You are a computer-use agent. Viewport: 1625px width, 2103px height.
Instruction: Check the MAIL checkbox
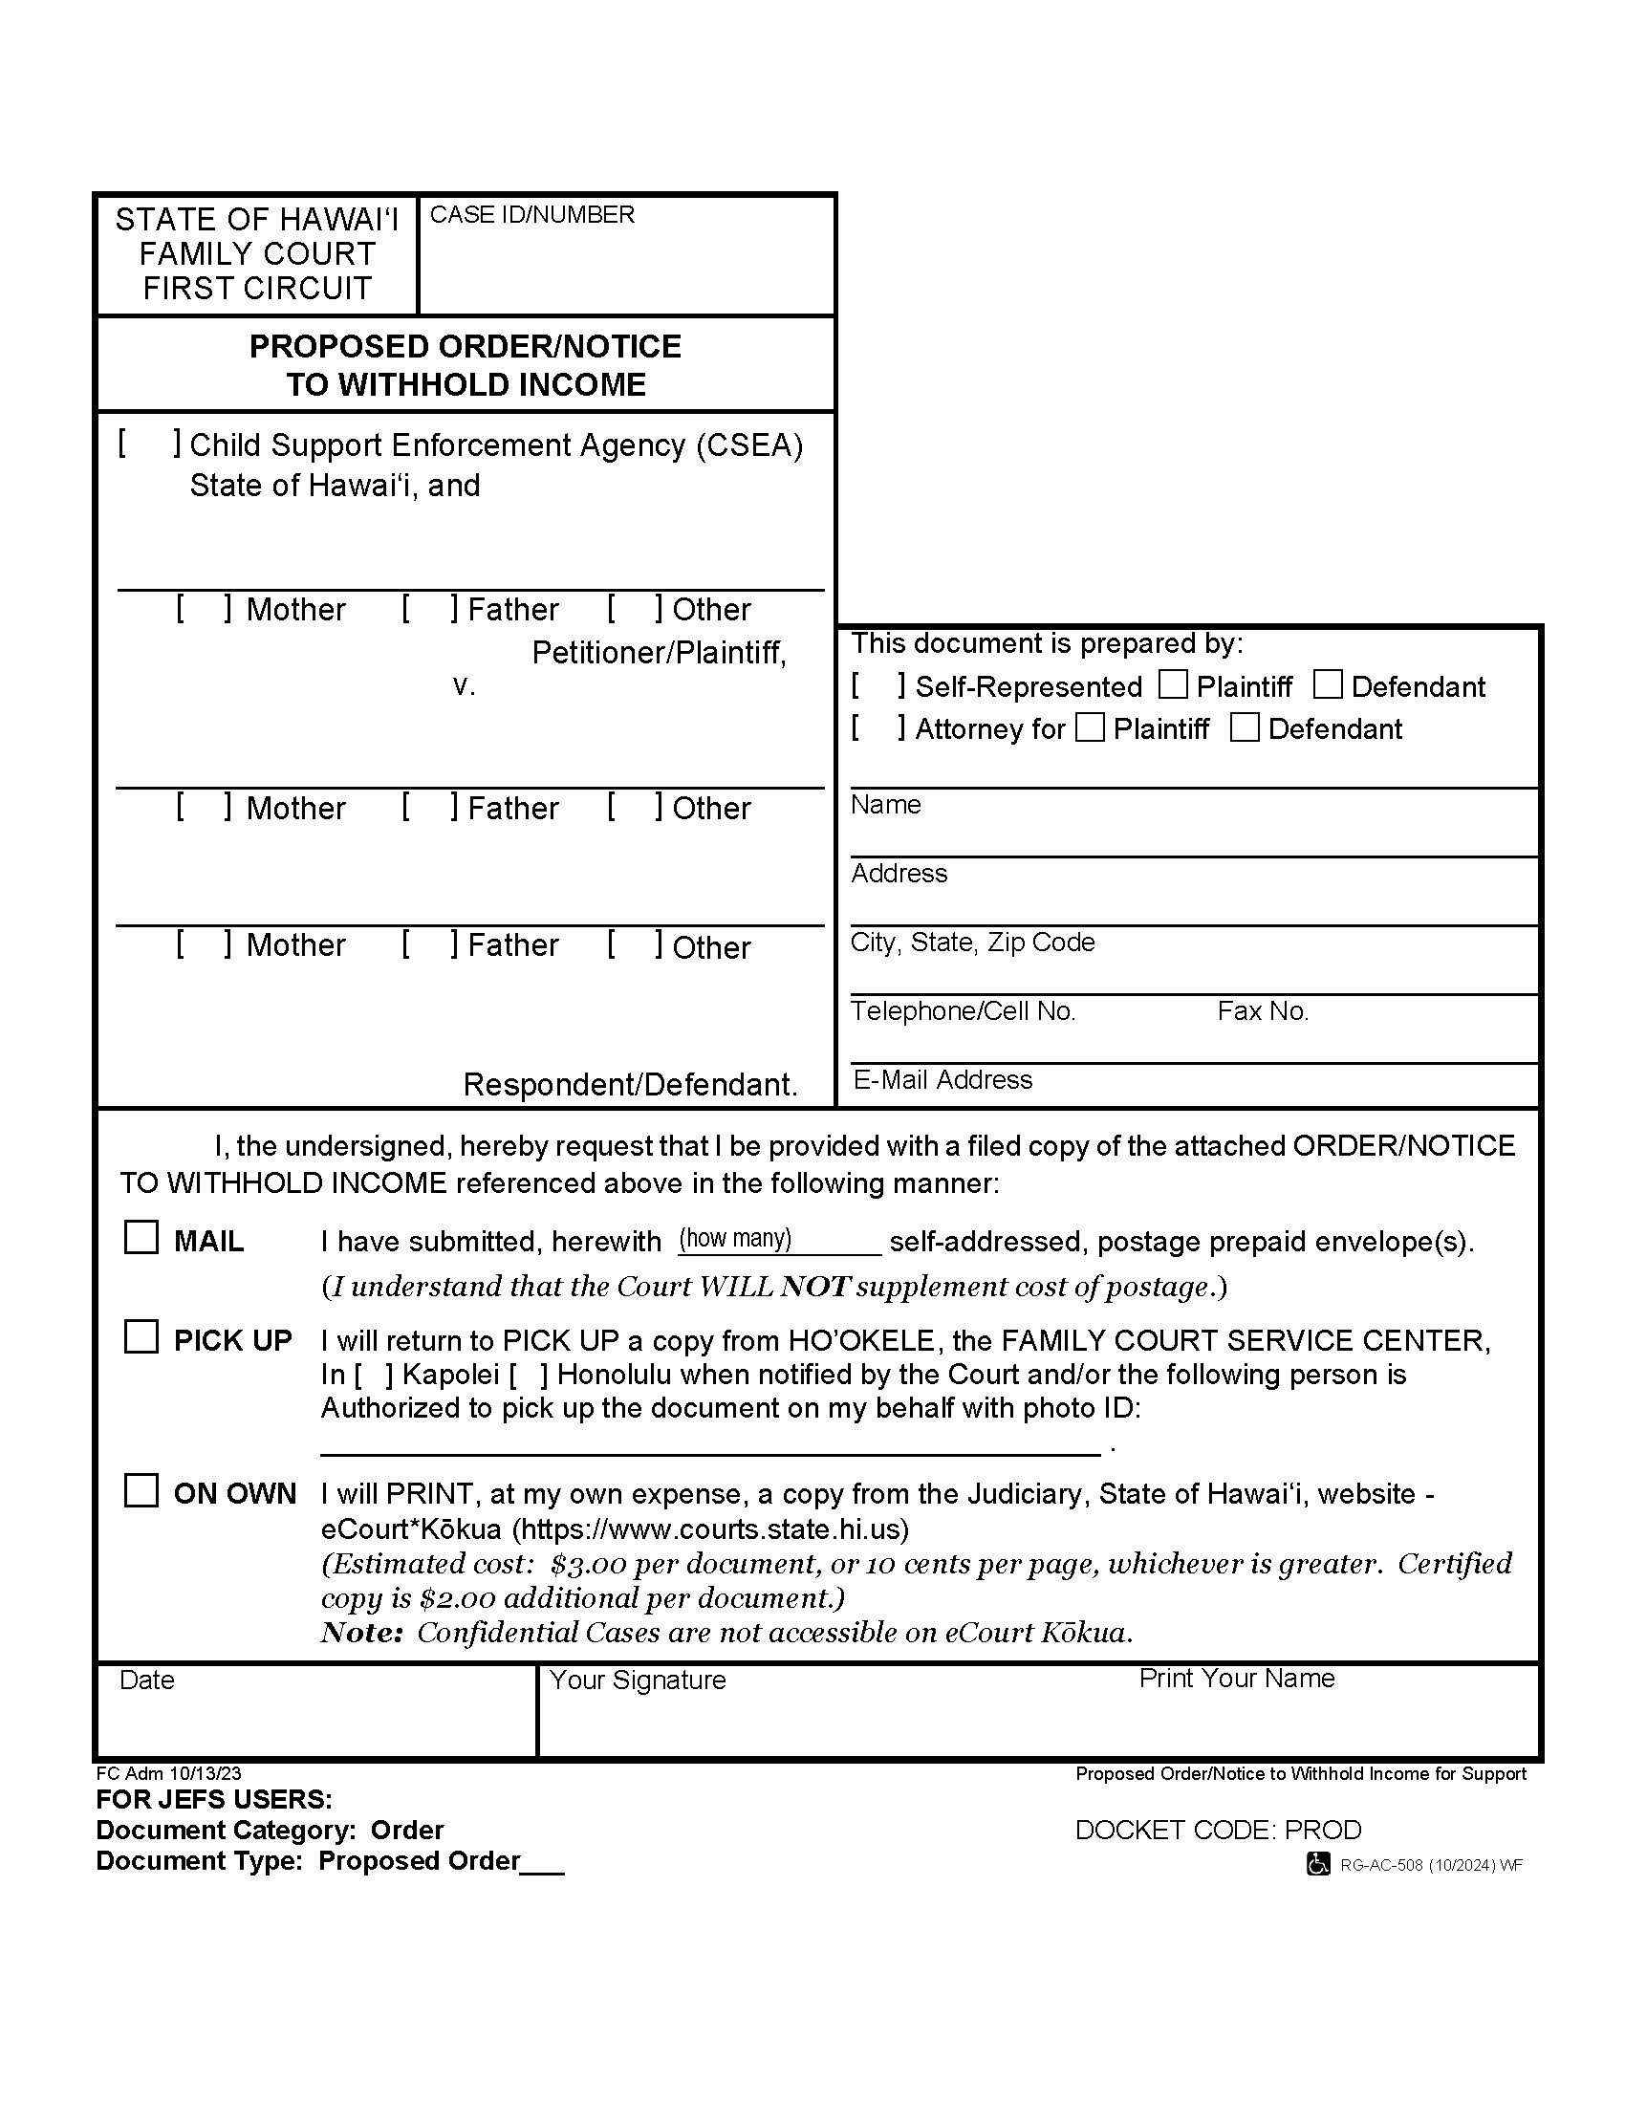coord(141,1237)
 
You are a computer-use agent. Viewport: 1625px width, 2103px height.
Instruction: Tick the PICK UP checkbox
coord(141,1336)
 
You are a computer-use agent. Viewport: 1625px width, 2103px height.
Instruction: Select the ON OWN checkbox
coord(141,1489)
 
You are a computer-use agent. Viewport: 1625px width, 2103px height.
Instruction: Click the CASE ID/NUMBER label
coord(531,215)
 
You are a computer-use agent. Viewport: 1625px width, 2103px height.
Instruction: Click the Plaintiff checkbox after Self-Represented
coord(1173,684)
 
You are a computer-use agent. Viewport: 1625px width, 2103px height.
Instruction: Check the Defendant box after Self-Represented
coord(1328,684)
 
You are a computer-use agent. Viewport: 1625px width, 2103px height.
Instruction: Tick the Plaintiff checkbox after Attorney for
coord(1090,727)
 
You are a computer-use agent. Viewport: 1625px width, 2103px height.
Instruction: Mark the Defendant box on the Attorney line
coord(1245,727)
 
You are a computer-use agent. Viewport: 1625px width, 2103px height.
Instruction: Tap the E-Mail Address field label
coord(942,1079)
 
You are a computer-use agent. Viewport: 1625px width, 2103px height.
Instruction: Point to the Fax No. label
coord(1263,1011)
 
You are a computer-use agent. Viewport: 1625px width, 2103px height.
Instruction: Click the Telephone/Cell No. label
coord(963,1011)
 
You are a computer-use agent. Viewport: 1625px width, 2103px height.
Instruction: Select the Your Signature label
coord(638,1680)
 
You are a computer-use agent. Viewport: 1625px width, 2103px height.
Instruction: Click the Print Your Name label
coord(1237,1678)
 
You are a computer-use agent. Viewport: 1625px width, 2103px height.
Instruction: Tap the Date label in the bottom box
coord(147,1680)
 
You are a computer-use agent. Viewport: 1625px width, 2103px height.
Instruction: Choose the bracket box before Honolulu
coord(529,1375)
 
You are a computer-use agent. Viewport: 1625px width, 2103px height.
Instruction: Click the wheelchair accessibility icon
coord(1318,1864)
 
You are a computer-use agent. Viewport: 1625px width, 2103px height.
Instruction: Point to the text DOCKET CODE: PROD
coord(1218,1830)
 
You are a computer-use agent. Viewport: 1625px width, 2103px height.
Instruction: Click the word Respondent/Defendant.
coord(630,1084)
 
